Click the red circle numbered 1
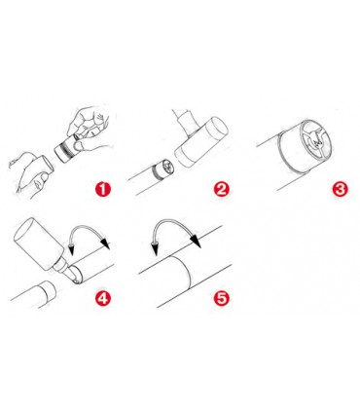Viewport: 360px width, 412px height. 103,189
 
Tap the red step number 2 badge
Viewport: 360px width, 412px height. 221,189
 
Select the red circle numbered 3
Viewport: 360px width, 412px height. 340,189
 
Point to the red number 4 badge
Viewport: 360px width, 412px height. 103,298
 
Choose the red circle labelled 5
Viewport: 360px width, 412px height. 221,298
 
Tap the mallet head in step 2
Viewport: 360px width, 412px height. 201,142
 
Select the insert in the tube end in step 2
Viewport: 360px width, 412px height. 163,170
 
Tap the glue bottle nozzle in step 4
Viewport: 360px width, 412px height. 66,272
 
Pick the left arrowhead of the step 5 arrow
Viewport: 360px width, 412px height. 155,249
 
